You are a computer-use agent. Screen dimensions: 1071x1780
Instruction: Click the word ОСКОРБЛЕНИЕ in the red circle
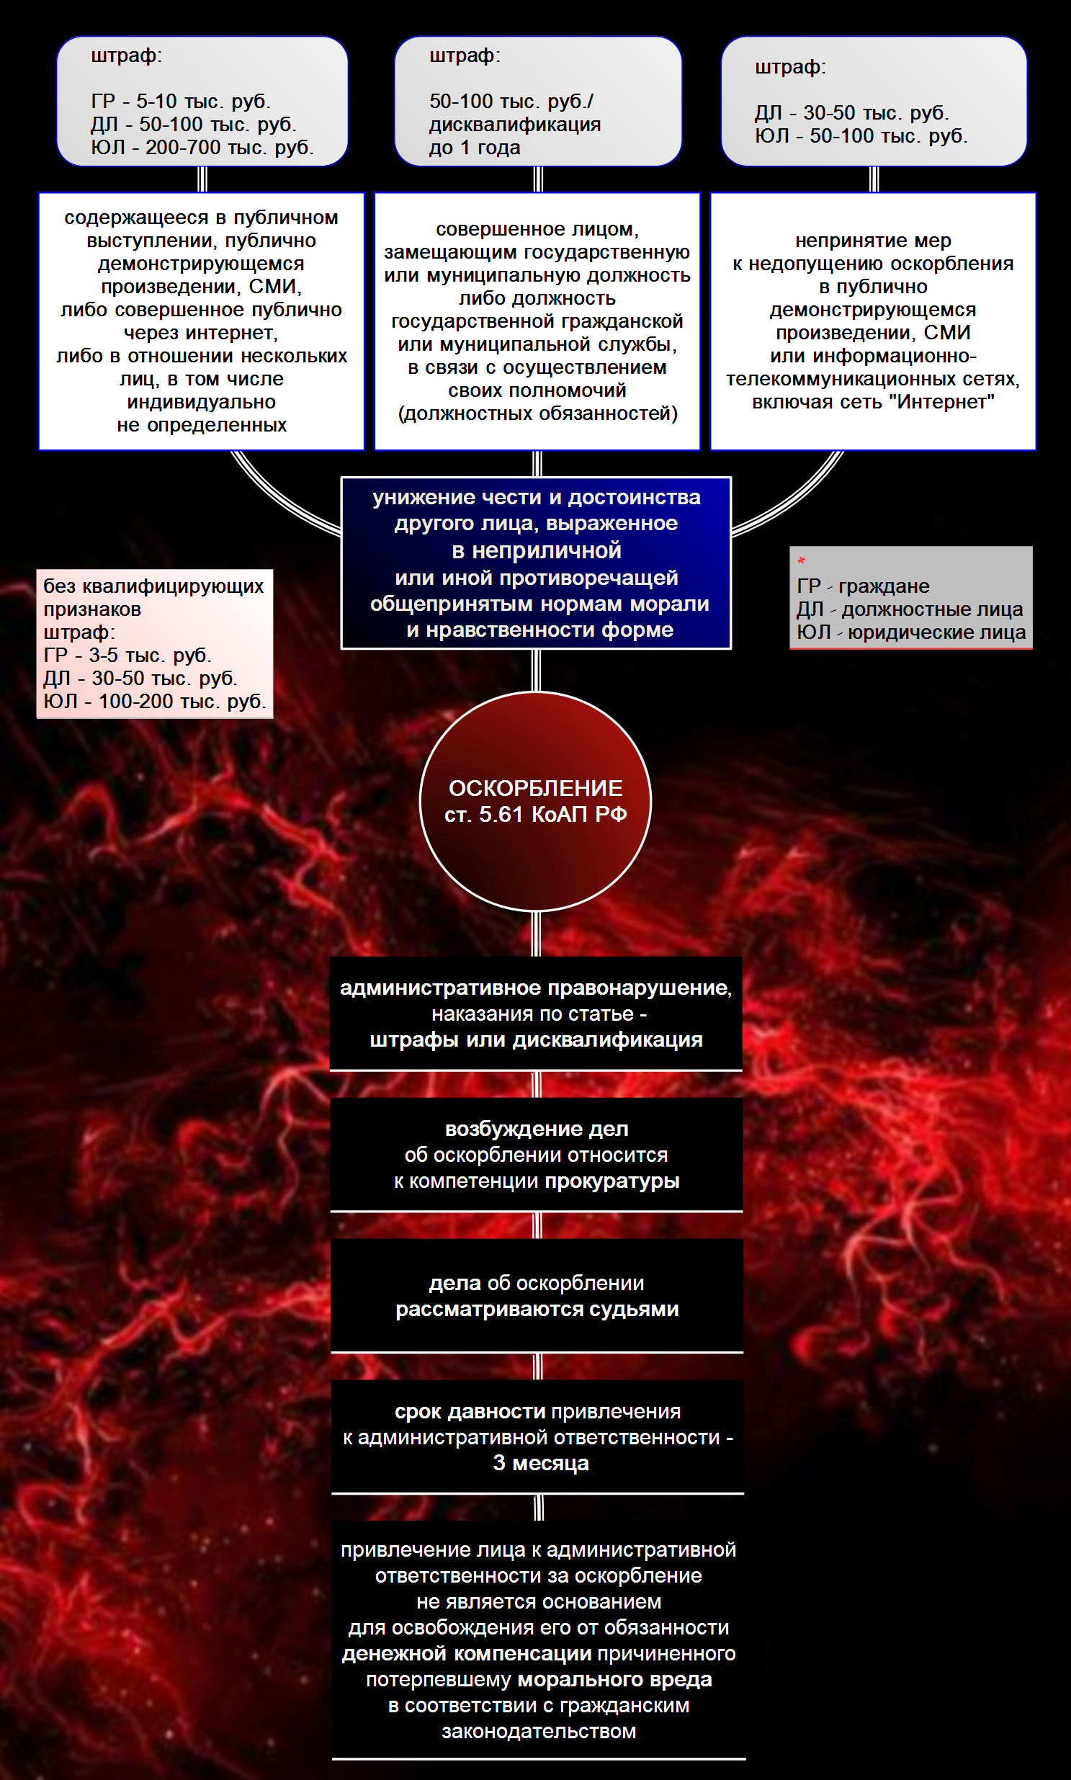click(536, 788)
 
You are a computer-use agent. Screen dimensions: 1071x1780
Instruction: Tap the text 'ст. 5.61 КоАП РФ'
click(536, 815)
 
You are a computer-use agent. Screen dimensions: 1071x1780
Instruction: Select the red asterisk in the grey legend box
click(801, 561)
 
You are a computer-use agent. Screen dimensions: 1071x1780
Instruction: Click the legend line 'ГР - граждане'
click(862, 586)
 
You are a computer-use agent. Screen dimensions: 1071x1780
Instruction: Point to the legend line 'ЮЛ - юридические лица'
click(911, 632)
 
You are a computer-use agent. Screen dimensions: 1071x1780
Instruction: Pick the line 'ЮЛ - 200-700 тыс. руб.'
click(202, 148)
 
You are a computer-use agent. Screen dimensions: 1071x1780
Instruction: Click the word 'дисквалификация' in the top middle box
click(514, 125)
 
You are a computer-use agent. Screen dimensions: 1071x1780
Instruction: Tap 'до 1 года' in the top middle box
click(474, 148)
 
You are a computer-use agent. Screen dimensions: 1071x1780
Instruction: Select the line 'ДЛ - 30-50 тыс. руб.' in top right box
click(851, 113)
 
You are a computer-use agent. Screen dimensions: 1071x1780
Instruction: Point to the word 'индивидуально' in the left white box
click(202, 402)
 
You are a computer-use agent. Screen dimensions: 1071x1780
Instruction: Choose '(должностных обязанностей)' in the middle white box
click(538, 413)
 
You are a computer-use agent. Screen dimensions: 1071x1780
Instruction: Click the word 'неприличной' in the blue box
click(547, 551)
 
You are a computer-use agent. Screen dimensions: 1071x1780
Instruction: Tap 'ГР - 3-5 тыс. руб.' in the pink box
click(127, 656)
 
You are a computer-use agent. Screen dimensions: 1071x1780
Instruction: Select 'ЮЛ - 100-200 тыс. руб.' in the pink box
click(154, 702)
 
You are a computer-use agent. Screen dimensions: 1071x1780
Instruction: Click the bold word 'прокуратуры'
click(611, 1181)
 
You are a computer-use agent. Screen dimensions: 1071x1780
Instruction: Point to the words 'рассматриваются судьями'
click(537, 1310)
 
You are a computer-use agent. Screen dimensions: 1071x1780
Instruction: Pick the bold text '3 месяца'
click(541, 1463)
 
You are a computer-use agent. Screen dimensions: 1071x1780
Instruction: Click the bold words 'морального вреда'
click(615, 1680)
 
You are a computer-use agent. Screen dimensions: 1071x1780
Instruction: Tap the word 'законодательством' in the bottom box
click(539, 1731)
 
